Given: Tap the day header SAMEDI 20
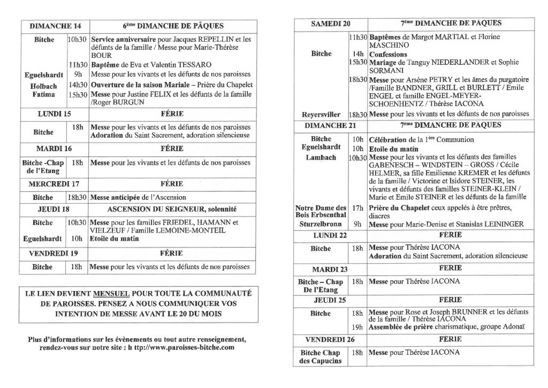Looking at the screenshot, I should [331, 24].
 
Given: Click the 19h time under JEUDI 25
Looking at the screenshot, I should [357, 326].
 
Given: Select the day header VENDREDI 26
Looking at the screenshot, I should [326, 339].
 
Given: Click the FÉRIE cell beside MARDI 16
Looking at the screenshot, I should [171, 148].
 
